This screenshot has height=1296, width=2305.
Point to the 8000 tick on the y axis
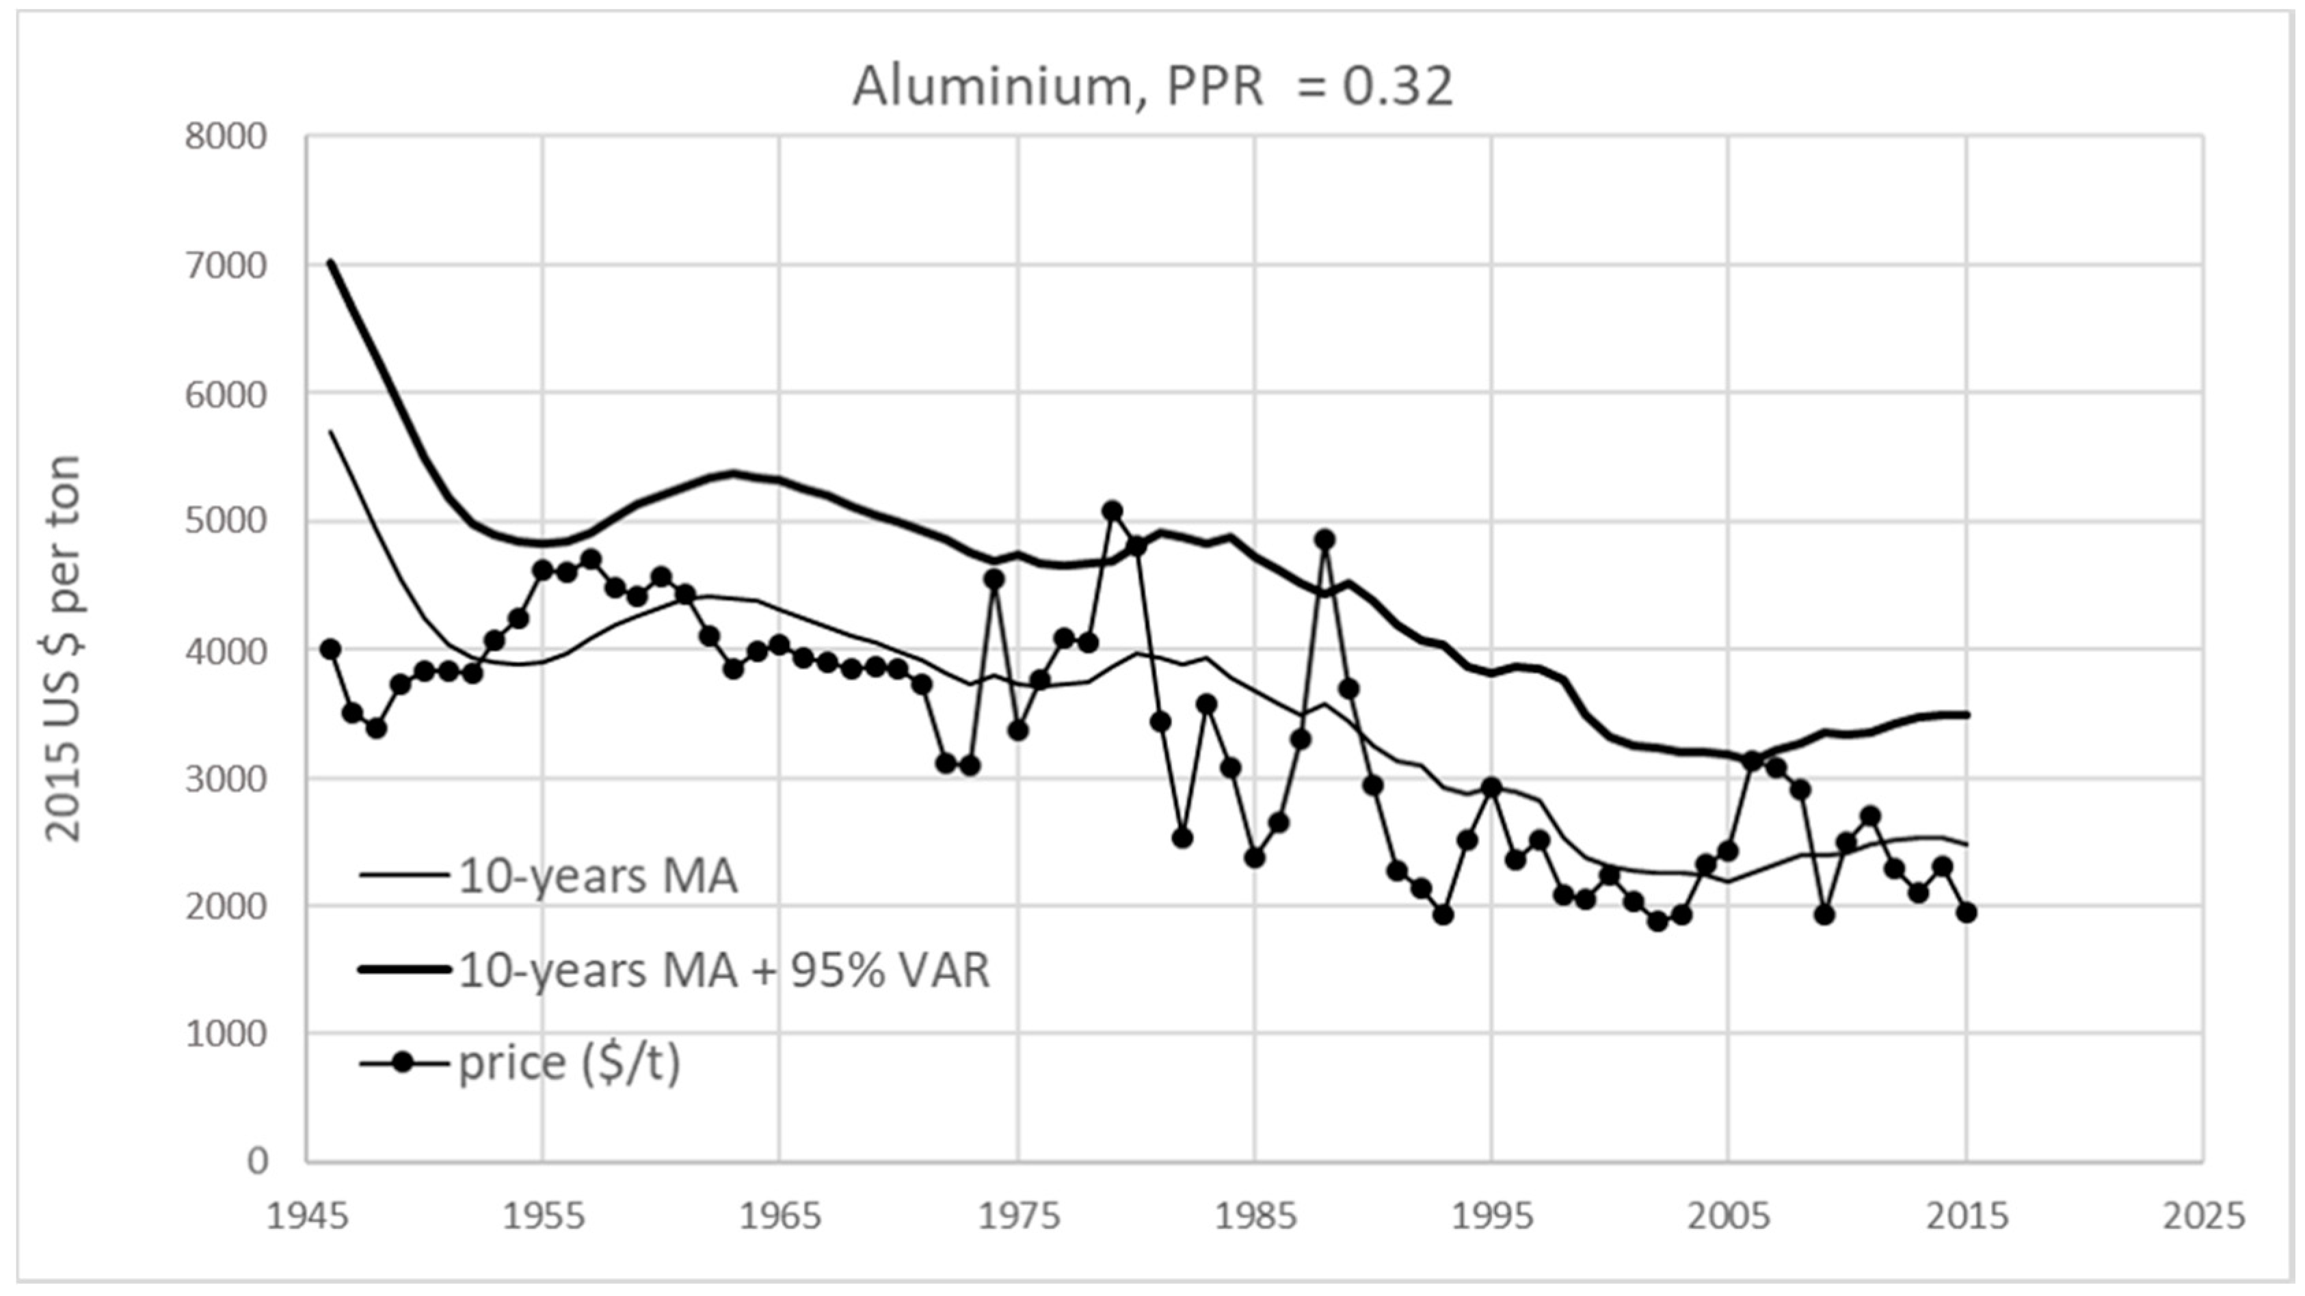226,137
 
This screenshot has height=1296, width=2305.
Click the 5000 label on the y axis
226,522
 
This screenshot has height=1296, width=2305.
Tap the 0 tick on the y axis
257,1161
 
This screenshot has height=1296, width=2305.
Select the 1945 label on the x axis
306,1217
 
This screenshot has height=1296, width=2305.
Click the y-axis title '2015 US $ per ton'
63,649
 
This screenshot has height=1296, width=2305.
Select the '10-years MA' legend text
598,876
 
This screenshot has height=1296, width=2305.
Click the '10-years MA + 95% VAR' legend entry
723,969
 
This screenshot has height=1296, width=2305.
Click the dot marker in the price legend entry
403,1062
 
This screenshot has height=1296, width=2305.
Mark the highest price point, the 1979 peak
1112,511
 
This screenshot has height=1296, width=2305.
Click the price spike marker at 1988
1325,539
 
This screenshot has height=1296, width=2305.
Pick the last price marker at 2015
1966,913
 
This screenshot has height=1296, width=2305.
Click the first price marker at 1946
330,649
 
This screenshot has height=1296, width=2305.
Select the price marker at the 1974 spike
994,579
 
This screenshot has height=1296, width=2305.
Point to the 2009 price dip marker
1824,915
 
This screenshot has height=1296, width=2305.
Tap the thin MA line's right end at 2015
1965,843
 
